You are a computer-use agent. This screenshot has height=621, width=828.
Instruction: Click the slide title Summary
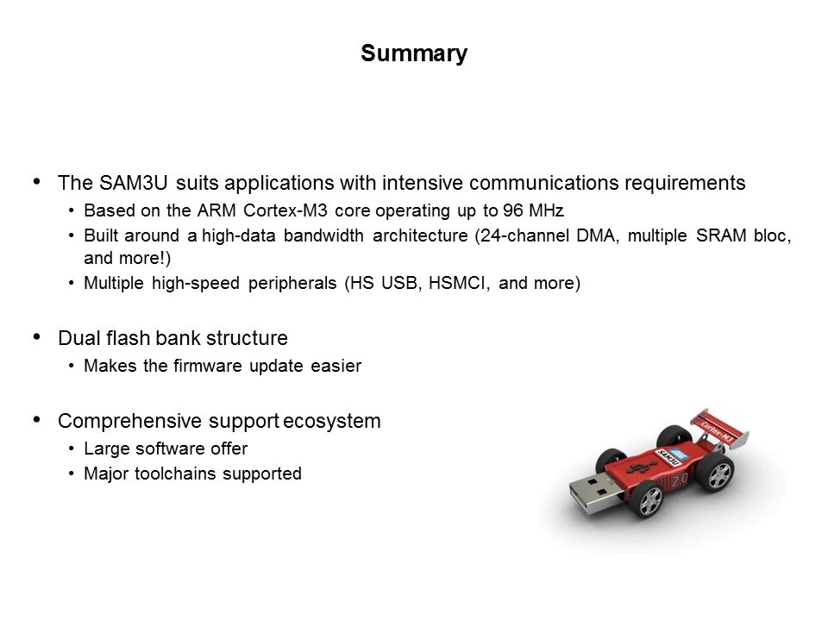click(414, 53)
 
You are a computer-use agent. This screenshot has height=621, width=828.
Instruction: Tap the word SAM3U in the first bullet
click(133, 183)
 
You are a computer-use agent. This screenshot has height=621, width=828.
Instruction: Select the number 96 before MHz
click(512, 210)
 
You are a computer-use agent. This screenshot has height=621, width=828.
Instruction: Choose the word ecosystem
click(331, 422)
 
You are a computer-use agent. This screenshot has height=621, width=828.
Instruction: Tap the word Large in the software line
click(106, 448)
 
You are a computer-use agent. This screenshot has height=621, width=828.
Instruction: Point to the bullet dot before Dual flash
click(36, 337)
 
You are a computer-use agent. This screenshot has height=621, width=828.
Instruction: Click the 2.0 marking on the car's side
click(679, 480)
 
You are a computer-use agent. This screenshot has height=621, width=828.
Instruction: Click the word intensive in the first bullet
click(423, 183)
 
